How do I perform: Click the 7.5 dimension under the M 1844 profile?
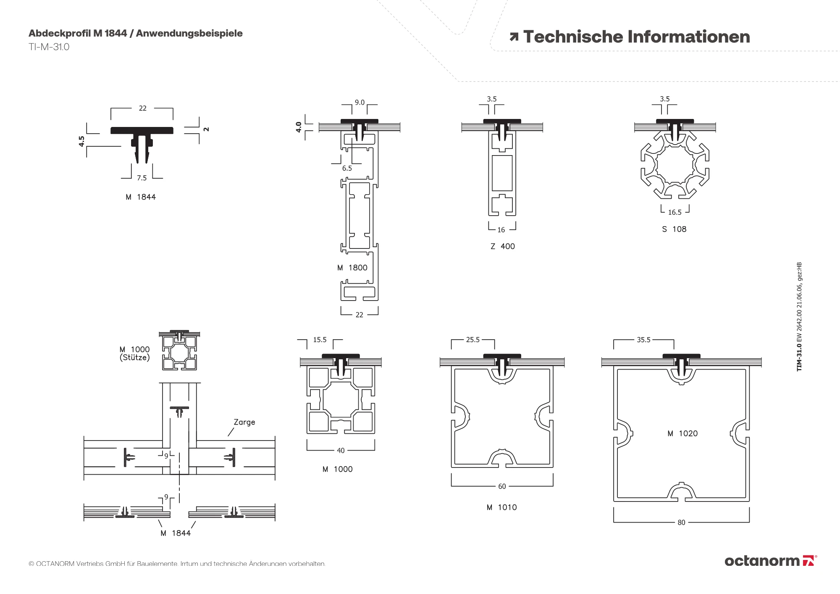click(142, 178)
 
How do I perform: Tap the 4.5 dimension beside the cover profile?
click(81, 141)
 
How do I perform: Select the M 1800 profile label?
click(352, 268)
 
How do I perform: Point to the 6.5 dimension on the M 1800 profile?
click(347, 168)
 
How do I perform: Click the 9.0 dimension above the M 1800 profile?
click(360, 102)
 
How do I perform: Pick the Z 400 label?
click(503, 246)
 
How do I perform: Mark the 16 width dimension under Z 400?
click(501, 230)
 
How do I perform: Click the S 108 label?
click(674, 229)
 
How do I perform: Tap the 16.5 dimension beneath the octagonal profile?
click(675, 212)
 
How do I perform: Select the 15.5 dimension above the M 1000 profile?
click(320, 340)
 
